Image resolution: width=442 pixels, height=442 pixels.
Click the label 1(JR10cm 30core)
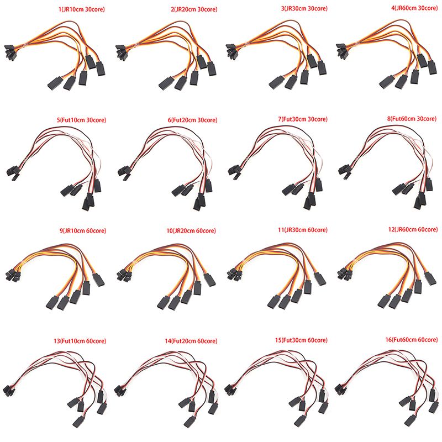point(81,9)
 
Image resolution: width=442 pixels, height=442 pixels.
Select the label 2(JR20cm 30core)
point(194,9)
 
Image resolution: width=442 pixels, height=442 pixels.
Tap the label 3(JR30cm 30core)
point(304,8)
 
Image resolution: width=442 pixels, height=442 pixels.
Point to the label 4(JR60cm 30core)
point(414,8)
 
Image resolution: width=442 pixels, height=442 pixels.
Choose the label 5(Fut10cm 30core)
point(81,120)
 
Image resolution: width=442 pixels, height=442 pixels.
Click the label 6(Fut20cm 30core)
point(192,120)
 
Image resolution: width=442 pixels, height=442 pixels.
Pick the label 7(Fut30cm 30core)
point(303,119)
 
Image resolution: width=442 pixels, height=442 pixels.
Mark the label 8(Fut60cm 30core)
point(412,119)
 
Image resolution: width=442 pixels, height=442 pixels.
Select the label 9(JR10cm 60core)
point(83,230)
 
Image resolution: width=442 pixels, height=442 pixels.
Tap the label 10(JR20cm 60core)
point(191,230)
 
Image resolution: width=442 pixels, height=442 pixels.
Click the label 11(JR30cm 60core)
point(303,230)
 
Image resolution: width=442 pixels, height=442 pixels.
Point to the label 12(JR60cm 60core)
point(413,229)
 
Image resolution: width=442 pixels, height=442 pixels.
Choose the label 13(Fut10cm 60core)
point(80,341)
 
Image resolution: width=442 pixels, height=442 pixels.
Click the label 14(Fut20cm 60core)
point(191,341)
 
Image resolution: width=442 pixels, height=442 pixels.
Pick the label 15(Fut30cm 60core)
point(301,340)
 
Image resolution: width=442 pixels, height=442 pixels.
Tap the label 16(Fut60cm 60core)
point(412,340)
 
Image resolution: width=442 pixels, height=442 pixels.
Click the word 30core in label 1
point(94,9)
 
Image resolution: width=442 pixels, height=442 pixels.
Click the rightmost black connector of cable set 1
point(101,69)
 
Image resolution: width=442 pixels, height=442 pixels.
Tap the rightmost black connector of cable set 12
point(430,278)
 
